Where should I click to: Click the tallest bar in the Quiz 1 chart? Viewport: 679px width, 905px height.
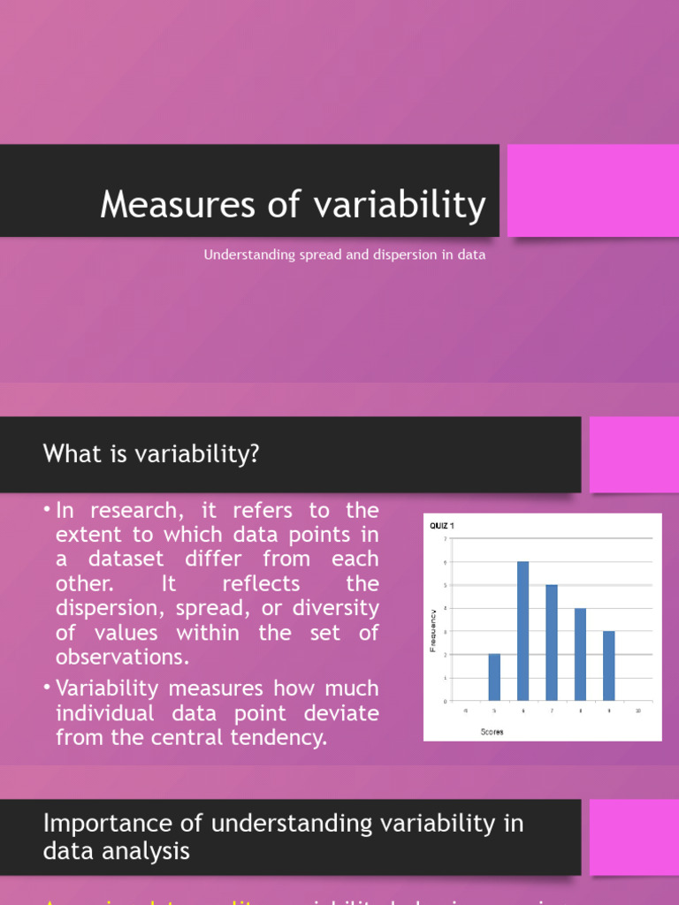(523, 631)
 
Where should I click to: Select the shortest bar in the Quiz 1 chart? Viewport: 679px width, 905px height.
(494, 678)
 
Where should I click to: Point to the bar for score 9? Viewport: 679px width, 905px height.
(608, 665)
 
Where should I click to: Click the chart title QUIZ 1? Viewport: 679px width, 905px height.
(443, 525)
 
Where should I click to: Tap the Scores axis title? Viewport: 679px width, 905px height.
(492, 732)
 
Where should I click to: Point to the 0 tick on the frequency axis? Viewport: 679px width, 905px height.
(446, 701)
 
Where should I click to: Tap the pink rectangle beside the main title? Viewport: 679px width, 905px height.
(592, 191)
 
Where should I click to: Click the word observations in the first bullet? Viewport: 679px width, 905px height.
(124, 657)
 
